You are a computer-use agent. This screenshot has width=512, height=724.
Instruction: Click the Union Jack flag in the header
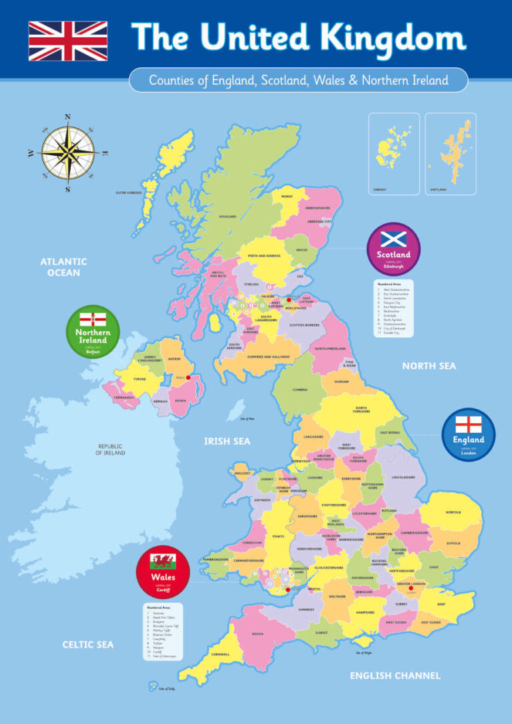pos(67,41)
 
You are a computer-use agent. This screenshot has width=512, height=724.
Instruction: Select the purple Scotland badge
pos(393,249)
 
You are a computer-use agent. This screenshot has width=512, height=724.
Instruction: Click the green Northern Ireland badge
pos(92,331)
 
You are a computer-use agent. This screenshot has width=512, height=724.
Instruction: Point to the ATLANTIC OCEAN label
pos(63,267)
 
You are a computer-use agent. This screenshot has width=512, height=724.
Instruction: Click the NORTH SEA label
pos(429,366)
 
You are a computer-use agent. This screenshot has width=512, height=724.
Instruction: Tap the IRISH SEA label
pos(227,441)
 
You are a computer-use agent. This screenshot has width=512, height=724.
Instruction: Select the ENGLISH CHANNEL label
pos(395,675)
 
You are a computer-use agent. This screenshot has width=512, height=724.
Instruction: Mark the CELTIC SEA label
pos(88,645)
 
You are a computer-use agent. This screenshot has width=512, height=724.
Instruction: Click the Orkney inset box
pos(395,154)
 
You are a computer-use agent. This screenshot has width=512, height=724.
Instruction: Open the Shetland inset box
pos(451,154)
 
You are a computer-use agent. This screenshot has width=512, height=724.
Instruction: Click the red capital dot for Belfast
pos(188,377)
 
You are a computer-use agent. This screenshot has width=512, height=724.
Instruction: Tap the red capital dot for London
pos(411,588)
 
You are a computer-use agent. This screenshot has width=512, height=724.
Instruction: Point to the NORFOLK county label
pos(453,513)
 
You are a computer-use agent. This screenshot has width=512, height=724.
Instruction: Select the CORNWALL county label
pos(221,654)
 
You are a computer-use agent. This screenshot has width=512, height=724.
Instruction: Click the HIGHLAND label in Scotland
pos(228,216)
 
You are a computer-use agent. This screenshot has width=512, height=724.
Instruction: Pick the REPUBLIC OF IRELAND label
pos(111,449)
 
